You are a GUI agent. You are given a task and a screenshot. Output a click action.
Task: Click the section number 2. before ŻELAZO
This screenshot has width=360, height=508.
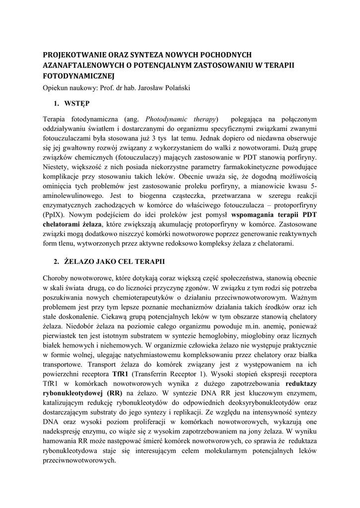pos(56,260)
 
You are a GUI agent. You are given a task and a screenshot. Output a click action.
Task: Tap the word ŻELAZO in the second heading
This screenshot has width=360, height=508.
pos(80,260)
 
